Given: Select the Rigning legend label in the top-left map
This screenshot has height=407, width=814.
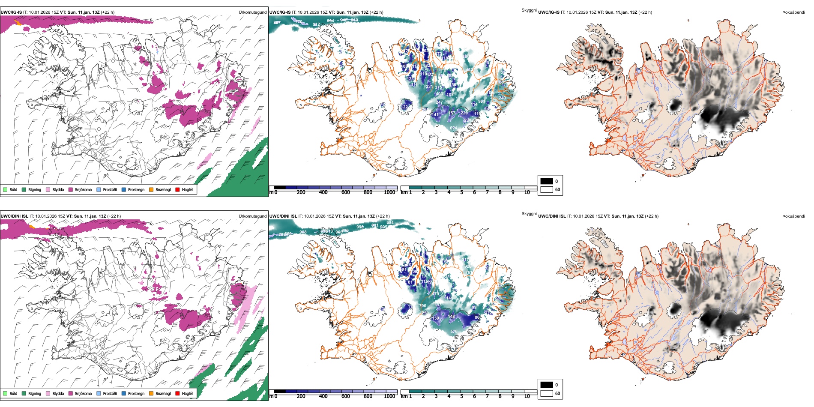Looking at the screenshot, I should pyautogui.click(x=35, y=189).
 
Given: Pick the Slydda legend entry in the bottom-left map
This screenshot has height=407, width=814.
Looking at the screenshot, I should pyautogui.click(x=58, y=393).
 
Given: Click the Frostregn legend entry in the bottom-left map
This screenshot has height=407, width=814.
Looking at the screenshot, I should pyautogui.click(x=136, y=393).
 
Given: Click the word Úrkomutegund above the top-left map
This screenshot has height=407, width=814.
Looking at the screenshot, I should pyautogui.click(x=252, y=12).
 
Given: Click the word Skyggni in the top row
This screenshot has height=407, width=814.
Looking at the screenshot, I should pyautogui.click(x=529, y=10).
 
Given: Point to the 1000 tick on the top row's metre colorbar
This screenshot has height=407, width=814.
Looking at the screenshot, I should pyautogui.click(x=389, y=192).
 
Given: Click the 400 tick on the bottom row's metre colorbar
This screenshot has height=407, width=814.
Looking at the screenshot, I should pyautogui.click(x=323, y=396).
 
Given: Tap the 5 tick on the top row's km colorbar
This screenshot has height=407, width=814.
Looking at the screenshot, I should pyautogui.click(x=461, y=192).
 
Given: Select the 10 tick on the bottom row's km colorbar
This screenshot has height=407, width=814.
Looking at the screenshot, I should pyautogui.click(x=527, y=396).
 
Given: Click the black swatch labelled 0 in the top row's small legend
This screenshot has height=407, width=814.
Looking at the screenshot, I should pyautogui.click(x=547, y=181).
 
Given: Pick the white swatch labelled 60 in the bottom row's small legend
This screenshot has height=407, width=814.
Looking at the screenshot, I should pyautogui.click(x=547, y=393).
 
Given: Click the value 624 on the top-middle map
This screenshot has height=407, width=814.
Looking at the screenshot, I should pyautogui.click(x=453, y=128).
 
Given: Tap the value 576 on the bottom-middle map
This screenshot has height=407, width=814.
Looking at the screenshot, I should pyautogui.click(x=454, y=331).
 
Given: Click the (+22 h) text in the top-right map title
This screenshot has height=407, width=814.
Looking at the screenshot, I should pyautogui.click(x=644, y=12).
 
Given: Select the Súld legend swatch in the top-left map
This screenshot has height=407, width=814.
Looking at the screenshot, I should pyautogui.click(x=5, y=189).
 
